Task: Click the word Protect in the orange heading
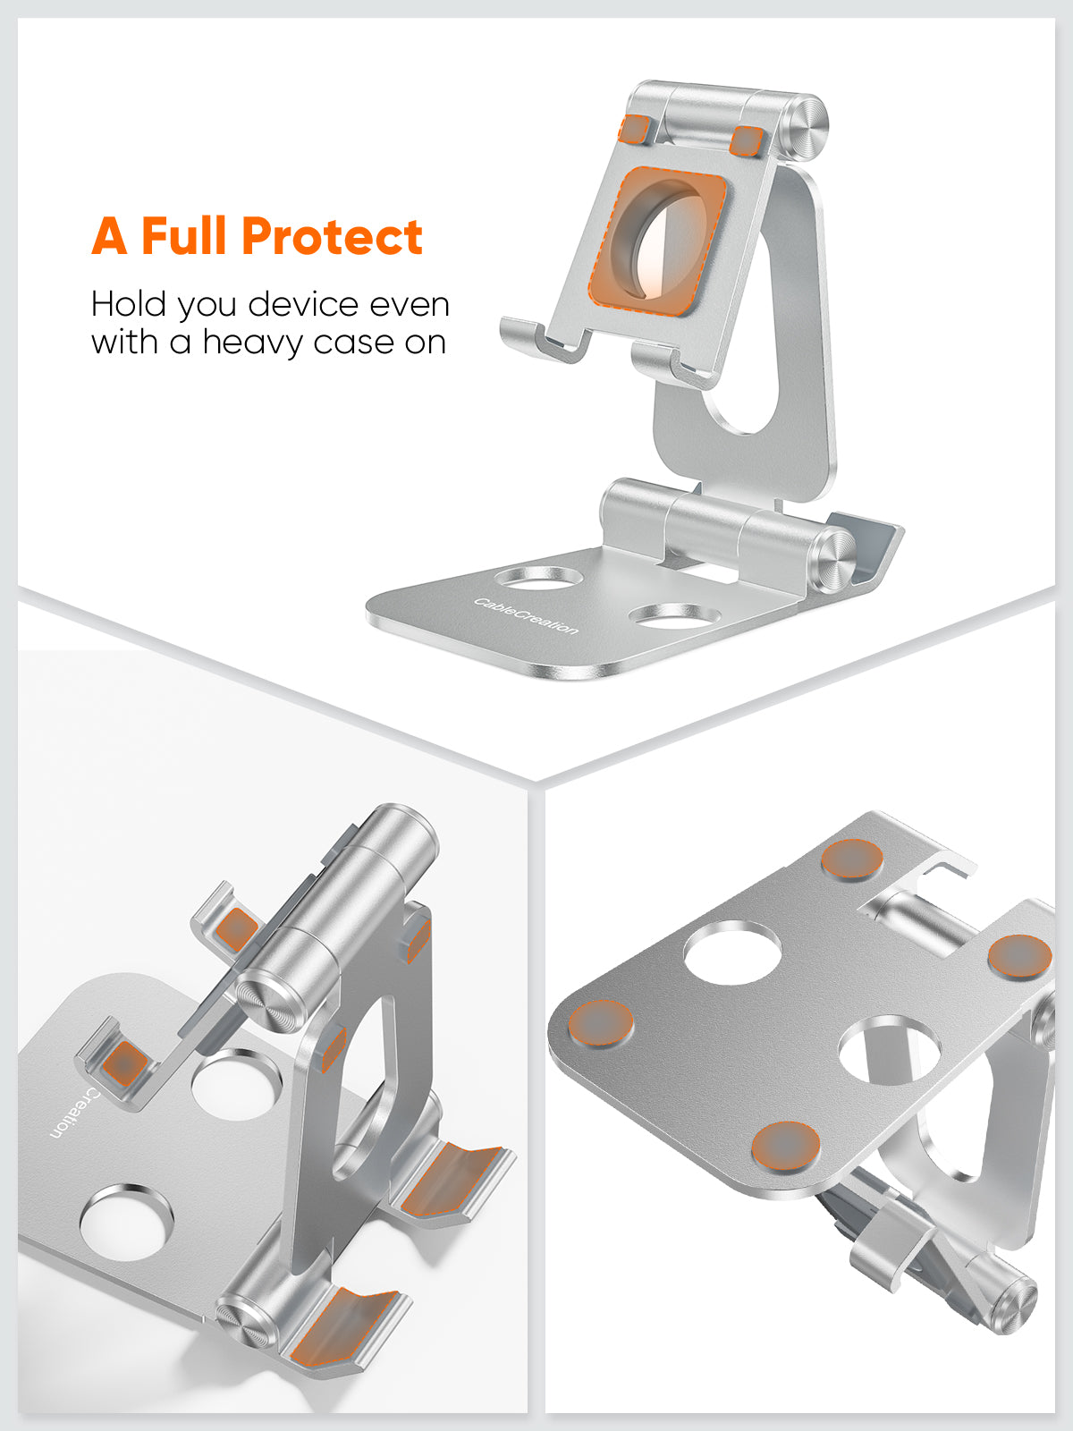click(x=332, y=237)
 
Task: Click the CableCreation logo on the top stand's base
click(x=526, y=615)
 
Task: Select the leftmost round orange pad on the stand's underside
click(x=601, y=1023)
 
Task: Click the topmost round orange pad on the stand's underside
click(x=852, y=859)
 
